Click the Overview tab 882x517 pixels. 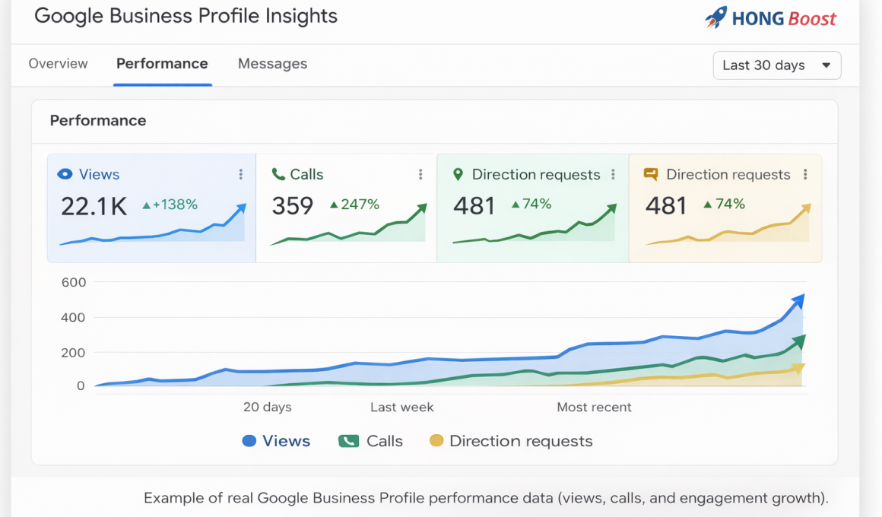tap(58, 64)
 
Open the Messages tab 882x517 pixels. tap(272, 64)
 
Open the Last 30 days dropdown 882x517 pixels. tap(776, 65)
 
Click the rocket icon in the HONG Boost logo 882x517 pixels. tap(715, 17)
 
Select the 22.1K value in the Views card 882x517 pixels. tap(94, 206)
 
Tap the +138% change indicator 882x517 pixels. tap(170, 205)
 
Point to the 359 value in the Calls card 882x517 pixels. tap(293, 206)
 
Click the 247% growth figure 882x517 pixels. tap(355, 205)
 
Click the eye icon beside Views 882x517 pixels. tap(65, 175)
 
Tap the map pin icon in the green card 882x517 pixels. tap(458, 175)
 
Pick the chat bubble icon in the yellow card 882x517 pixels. tap(651, 175)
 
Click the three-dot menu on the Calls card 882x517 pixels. tap(420, 175)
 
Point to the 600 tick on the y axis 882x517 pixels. tap(74, 282)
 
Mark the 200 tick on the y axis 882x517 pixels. tap(74, 353)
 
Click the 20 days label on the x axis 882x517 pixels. tap(267, 408)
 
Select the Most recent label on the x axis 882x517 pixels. tap(594, 408)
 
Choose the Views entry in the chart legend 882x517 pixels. tap(276, 441)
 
